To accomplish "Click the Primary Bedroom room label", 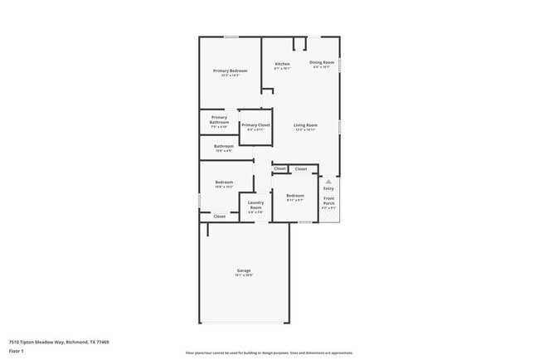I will click(230, 71).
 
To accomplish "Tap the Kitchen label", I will click(282, 64).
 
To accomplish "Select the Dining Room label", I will click(322, 62).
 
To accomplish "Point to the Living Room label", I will click(305, 125).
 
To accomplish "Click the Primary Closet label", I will click(255, 125).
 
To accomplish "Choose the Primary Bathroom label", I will click(219, 119).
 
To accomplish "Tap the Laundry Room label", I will click(255, 205).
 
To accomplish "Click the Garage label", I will click(244, 270).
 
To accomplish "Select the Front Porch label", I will click(329, 200).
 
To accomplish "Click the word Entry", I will click(328, 188).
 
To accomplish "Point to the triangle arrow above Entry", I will click(328, 181).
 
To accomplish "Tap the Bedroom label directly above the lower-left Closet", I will click(224, 182).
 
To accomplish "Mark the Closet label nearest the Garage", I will click(219, 216).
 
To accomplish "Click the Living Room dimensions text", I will click(305, 130).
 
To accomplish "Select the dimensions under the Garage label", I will click(244, 275).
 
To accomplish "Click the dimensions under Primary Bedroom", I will click(230, 75).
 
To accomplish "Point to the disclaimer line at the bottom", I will click(269, 353).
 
